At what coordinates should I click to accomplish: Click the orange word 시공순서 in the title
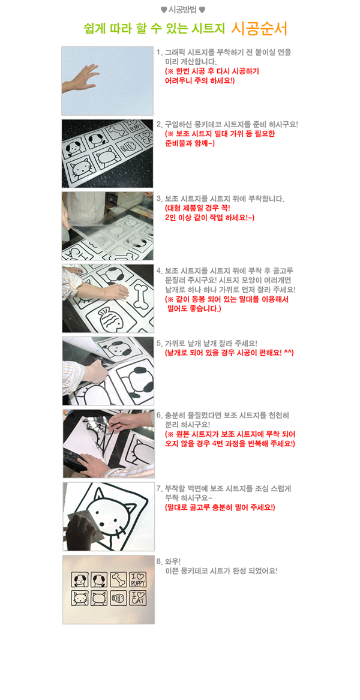pyautogui.click(x=260, y=29)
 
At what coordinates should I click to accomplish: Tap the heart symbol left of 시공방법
pyautogui.click(x=164, y=10)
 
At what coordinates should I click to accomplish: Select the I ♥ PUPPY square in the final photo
pyautogui.click(x=136, y=580)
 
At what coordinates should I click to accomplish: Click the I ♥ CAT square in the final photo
pyautogui.click(x=136, y=597)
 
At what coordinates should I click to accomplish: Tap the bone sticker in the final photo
pyautogui.click(x=117, y=580)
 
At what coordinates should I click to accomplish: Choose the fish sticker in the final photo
pyautogui.click(x=117, y=597)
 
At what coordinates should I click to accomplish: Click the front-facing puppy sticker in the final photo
pyautogui.click(x=79, y=580)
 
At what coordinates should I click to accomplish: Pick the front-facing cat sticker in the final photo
pyautogui.click(x=79, y=597)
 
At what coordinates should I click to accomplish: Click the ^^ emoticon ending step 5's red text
pyautogui.click(x=288, y=353)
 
